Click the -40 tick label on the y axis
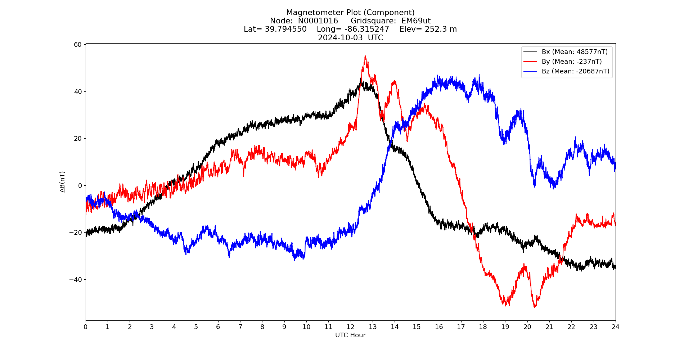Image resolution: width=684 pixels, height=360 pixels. (77, 279)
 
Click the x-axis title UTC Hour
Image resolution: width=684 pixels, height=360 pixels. (350, 335)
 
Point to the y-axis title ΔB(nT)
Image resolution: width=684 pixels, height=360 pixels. (63, 182)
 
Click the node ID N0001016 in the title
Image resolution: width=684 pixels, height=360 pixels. (318, 21)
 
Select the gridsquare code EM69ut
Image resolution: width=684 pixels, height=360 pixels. (416, 21)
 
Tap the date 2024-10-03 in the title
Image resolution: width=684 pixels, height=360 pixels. (340, 38)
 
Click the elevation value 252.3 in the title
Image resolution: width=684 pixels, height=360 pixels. (436, 29)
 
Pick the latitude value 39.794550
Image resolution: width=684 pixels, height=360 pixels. (286, 29)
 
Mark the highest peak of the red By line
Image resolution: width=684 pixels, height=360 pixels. (365, 56)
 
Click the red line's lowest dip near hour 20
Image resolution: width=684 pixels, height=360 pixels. (535, 307)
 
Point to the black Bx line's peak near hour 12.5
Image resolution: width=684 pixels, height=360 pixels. (361, 78)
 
